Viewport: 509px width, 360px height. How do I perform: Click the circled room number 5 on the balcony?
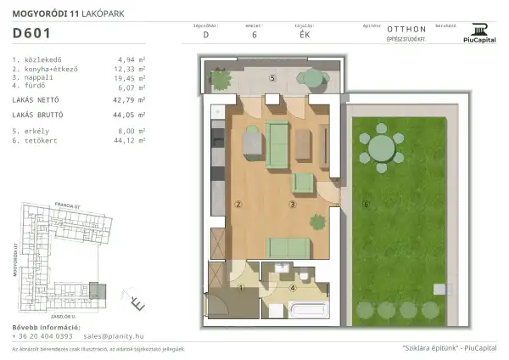271,78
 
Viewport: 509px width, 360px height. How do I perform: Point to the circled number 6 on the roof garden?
366,204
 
